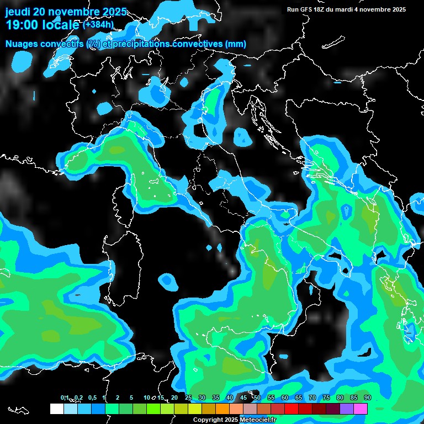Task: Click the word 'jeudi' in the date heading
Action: tap(18, 12)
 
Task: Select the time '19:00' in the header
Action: tap(22, 25)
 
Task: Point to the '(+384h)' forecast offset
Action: tap(98, 24)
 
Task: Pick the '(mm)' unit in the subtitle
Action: tap(236, 44)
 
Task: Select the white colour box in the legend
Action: tap(56, 409)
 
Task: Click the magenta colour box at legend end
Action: tap(361, 409)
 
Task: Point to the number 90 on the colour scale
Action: tap(367, 397)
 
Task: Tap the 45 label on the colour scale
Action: tap(243, 397)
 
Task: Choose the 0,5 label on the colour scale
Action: tap(92, 397)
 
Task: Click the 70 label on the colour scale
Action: tap(312, 397)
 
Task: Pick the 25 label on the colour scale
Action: tap(188, 397)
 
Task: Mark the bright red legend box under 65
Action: tap(291, 409)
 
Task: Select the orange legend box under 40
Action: tap(222, 409)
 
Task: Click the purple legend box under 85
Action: tap(347, 409)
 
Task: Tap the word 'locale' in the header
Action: tap(59, 25)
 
